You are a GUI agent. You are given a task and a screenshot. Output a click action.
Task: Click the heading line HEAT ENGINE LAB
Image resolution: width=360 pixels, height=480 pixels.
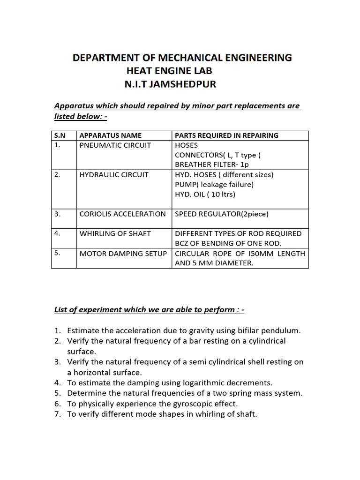[x=169, y=71]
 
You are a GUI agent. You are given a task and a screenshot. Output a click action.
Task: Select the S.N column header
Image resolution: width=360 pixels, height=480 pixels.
[x=60, y=135]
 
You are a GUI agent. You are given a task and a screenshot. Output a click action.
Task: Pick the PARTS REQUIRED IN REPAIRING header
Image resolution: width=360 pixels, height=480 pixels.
[x=226, y=135]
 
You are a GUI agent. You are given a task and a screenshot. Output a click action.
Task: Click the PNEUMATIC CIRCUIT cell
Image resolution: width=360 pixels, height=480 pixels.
[x=115, y=145]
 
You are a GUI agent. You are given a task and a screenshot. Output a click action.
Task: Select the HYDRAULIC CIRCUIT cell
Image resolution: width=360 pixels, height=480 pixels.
[x=114, y=175]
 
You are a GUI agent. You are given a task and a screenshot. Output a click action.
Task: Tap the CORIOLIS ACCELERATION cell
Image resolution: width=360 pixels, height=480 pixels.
[x=122, y=214]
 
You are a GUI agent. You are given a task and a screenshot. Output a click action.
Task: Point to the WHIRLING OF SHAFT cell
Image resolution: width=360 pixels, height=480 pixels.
[x=115, y=233]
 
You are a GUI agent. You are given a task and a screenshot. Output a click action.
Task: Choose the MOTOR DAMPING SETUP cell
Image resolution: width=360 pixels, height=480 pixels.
[x=123, y=254]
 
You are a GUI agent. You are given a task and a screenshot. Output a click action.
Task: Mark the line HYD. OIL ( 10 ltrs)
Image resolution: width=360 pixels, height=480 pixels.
[x=205, y=194]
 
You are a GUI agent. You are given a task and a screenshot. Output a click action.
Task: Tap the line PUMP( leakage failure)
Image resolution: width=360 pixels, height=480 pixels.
[x=214, y=185]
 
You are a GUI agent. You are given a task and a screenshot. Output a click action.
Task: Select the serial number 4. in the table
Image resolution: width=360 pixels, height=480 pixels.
[x=57, y=233]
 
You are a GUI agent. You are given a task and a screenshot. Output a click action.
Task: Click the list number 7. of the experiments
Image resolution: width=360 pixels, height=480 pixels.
[x=58, y=414]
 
